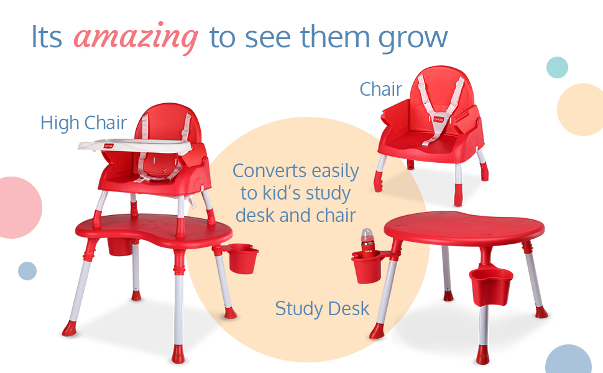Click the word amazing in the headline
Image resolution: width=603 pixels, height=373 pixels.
(136, 38)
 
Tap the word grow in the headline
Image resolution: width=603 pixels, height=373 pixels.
(413, 39)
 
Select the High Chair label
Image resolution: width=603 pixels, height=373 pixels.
(83, 123)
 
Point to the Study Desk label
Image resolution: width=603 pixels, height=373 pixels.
(322, 309)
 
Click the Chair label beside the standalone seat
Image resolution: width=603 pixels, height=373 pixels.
(380, 90)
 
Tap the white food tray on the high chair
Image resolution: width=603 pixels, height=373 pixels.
(135, 145)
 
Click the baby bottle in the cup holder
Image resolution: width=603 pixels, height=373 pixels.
(367, 243)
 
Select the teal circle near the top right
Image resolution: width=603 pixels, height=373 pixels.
(557, 67)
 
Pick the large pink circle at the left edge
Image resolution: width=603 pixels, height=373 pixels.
(19, 208)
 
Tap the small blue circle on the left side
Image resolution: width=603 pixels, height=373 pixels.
(27, 271)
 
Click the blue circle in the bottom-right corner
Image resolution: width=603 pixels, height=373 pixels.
(568, 359)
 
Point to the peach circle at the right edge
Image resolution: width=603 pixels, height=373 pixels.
(581, 109)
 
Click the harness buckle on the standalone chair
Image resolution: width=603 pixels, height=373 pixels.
(439, 120)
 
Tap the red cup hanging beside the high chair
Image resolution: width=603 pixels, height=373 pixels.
(242, 259)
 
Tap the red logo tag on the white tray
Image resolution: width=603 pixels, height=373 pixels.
(109, 145)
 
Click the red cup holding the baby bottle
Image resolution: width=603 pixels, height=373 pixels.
(367, 267)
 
